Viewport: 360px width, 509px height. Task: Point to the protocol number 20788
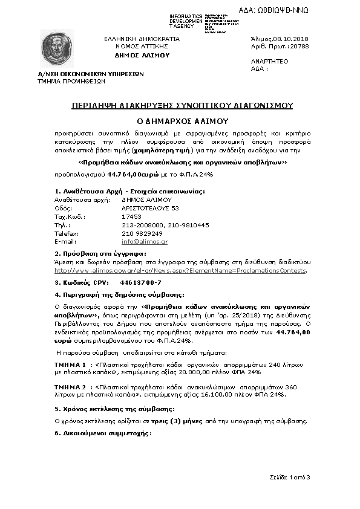pyautogui.click(x=298, y=46)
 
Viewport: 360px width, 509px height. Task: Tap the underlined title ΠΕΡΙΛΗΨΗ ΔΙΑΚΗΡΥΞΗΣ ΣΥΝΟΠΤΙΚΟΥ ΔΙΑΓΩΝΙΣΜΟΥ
pyautogui.click(x=182, y=105)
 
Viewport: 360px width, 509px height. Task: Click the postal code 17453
pyautogui.click(x=131, y=216)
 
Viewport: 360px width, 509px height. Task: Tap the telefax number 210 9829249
pyautogui.click(x=142, y=233)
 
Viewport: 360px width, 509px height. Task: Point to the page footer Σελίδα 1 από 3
pyautogui.click(x=289, y=478)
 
